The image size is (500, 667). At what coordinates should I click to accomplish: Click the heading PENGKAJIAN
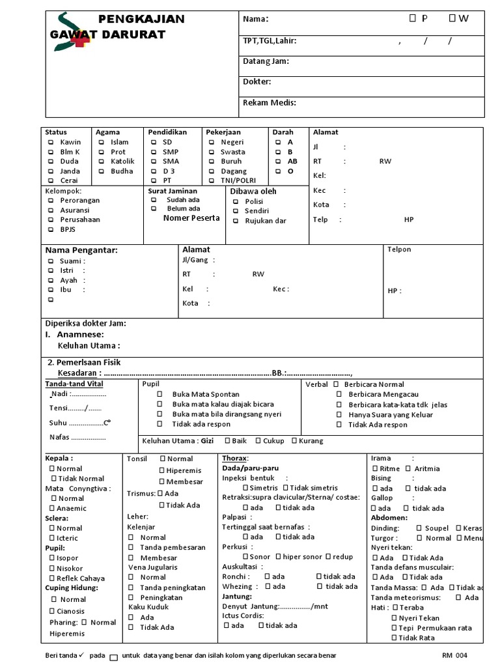tap(141, 19)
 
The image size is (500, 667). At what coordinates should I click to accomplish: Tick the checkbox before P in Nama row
tap(413, 19)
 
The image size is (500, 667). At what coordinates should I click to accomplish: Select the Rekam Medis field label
tap(270, 102)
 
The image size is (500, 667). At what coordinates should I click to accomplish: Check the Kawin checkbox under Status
tap(50, 142)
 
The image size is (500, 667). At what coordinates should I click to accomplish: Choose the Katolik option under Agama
tap(102, 162)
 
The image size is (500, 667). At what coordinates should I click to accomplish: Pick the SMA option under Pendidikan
tap(154, 162)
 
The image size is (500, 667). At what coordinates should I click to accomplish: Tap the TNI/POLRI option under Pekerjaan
tap(212, 180)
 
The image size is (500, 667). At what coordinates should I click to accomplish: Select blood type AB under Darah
tap(278, 162)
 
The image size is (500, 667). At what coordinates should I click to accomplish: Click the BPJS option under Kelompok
tap(50, 229)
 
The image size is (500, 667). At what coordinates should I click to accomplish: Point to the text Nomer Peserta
tap(191, 218)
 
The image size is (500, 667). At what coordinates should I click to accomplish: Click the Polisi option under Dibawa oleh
tap(235, 202)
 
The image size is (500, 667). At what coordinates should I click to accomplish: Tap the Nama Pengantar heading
tap(81, 250)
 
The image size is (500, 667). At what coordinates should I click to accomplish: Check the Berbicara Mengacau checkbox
tap(339, 395)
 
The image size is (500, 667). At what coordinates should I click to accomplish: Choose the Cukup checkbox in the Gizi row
tap(258, 441)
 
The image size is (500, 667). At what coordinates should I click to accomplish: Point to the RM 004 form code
tap(454, 655)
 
